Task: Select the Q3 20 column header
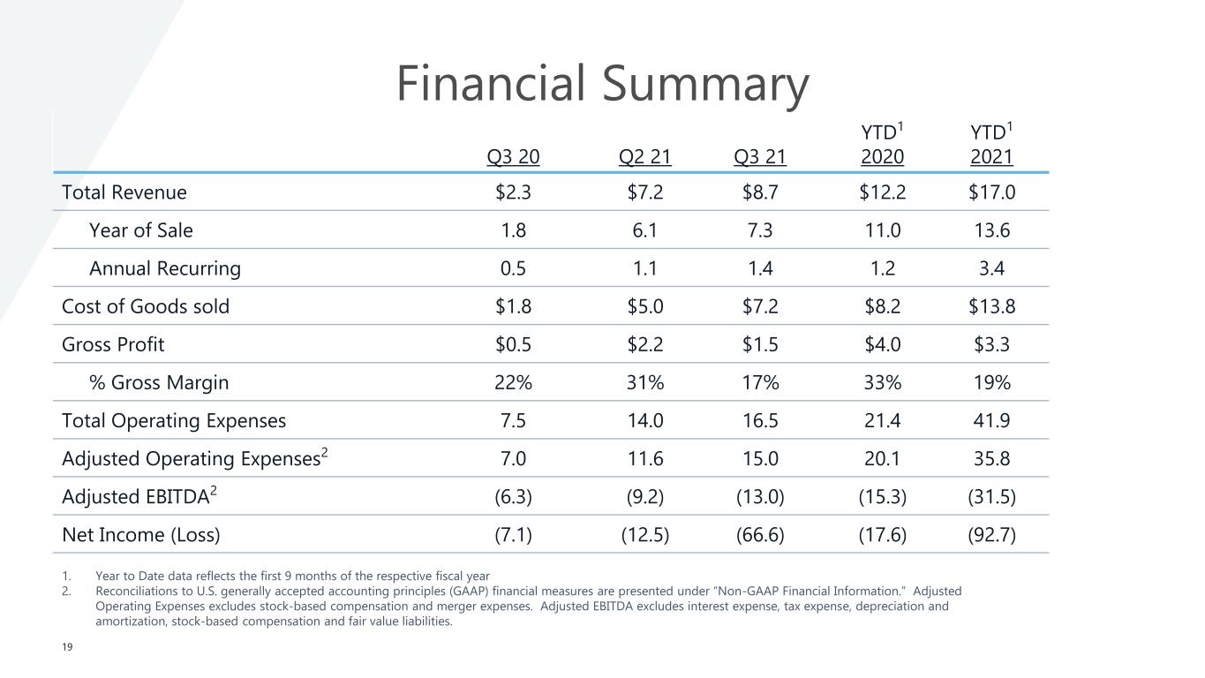(x=514, y=158)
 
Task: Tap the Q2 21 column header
(x=645, y=158)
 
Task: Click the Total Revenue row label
(x=124, y=192)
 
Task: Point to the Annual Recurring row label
(x=164, y=268)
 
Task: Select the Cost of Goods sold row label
(x=146, y=306)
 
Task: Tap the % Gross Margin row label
(x=159, y=382)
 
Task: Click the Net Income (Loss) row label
(x=141, y=534)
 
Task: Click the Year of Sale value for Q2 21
(x=645, y=230)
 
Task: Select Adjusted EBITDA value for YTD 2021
(x=991, y=496)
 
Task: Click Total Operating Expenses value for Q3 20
(x=514, y=420)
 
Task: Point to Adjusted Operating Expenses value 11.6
(x=645, y=458)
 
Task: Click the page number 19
(x=67, y=647)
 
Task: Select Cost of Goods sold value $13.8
(x=991, y=306)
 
